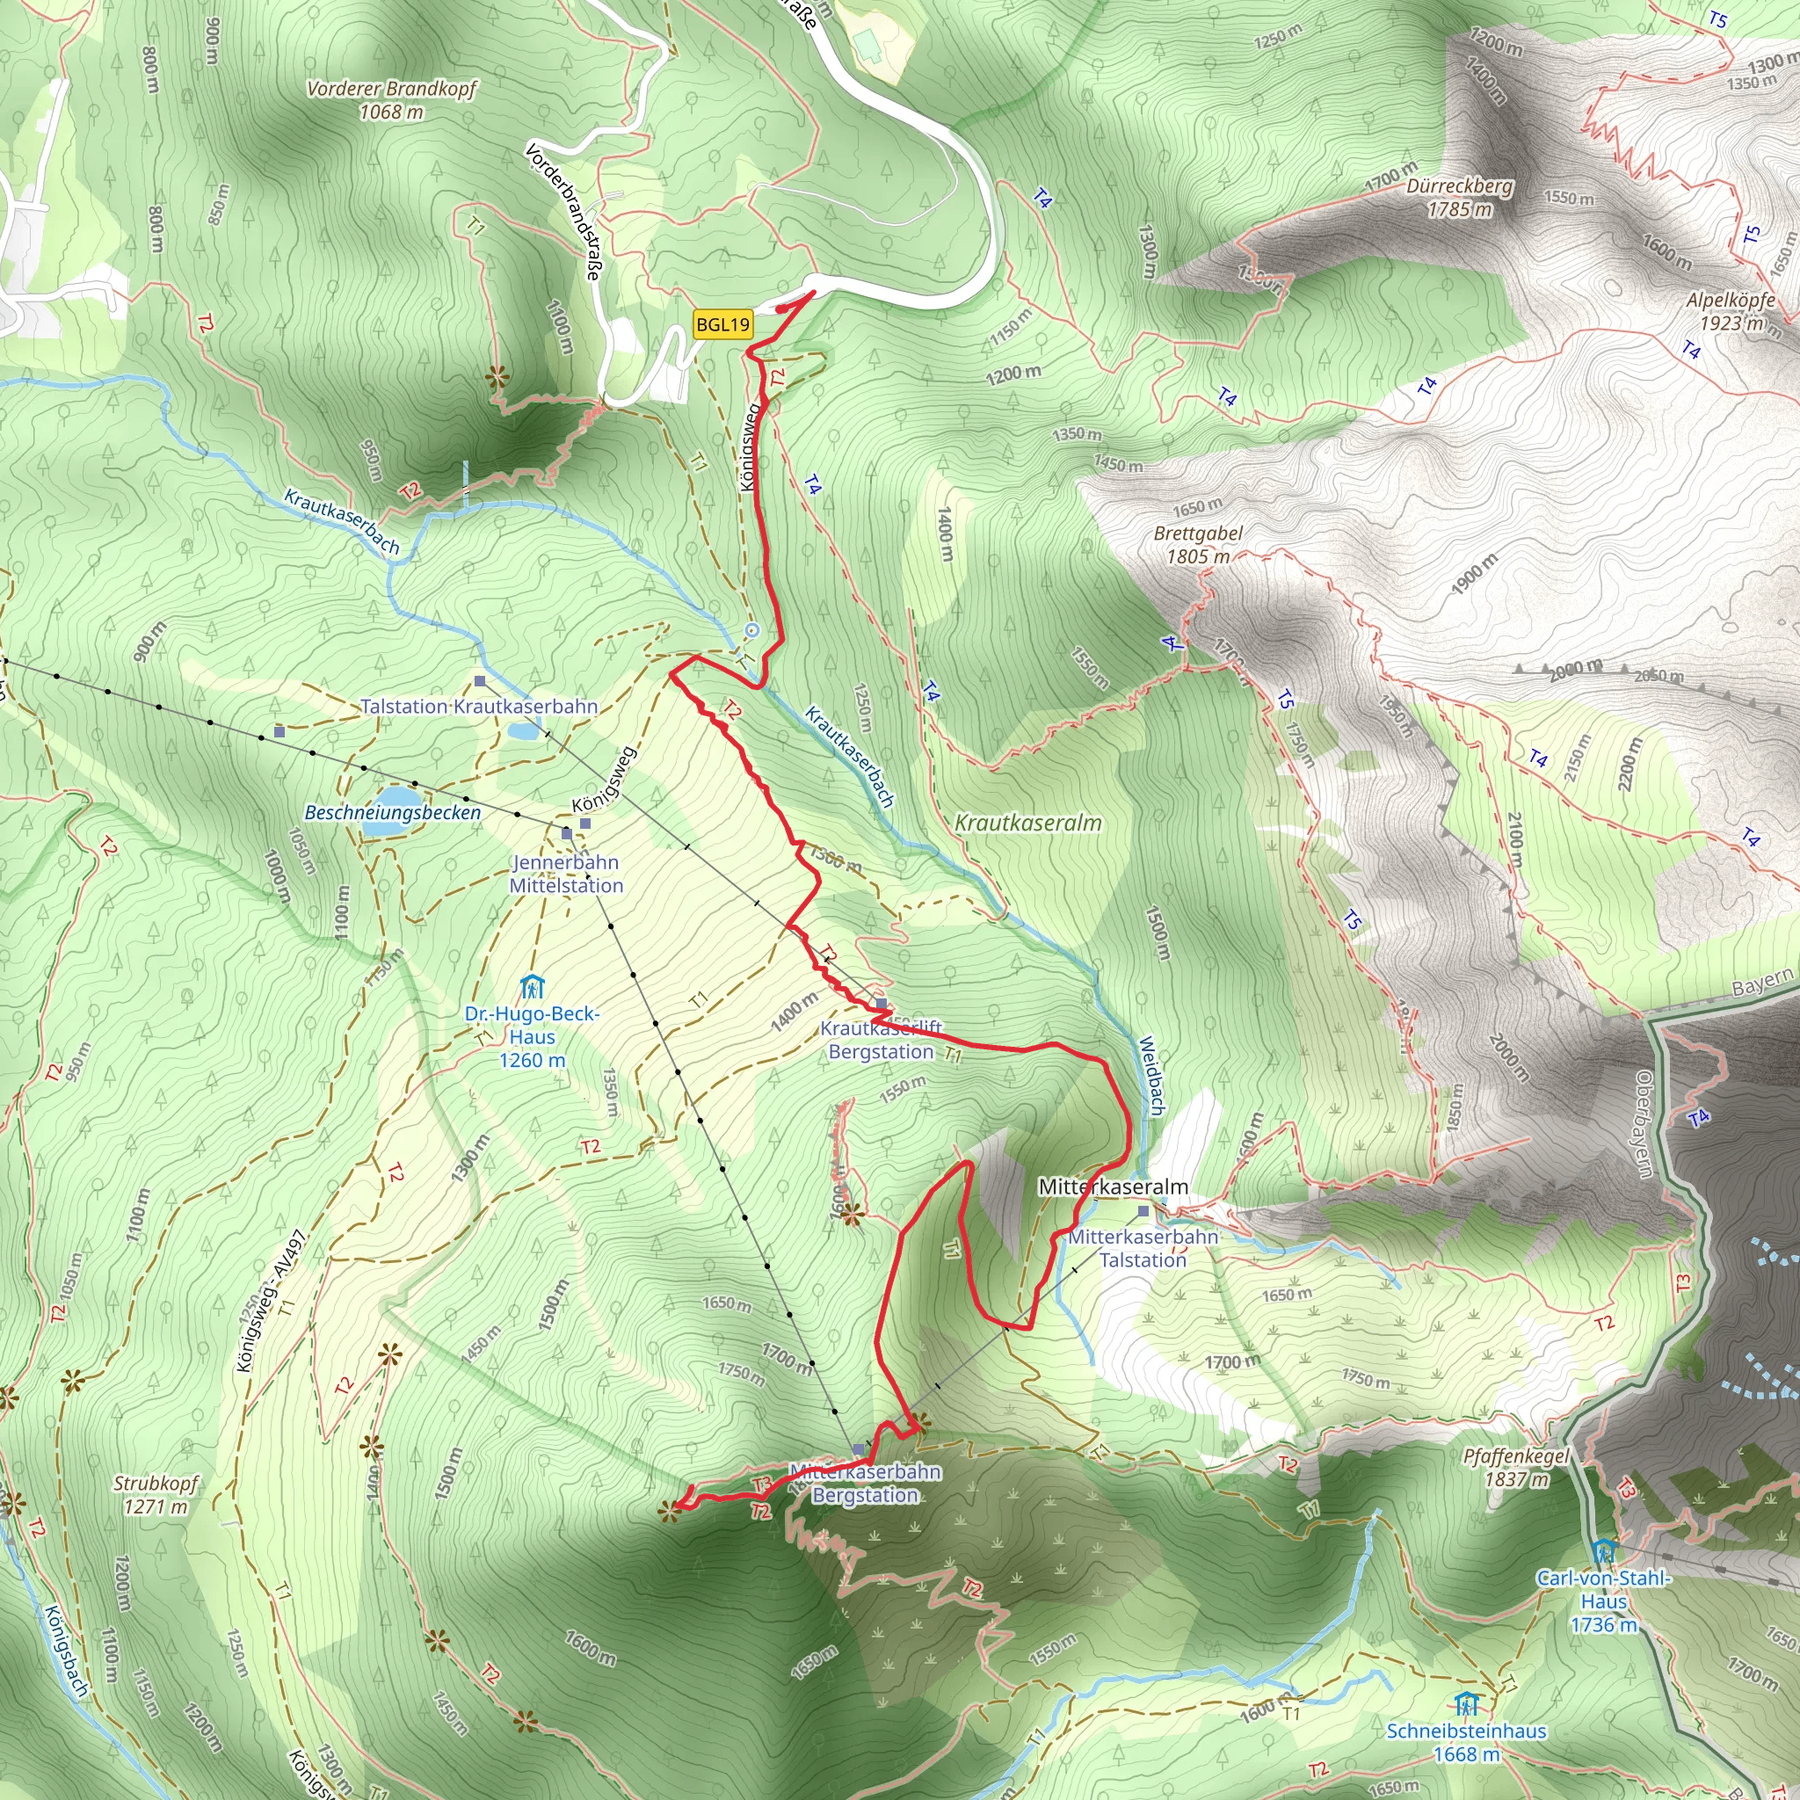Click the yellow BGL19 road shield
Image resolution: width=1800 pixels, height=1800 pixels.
[x=722, y=325]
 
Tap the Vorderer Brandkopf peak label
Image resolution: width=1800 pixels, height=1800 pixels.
[x=391, y=99]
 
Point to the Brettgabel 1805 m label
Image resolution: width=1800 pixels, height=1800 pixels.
[x=1197, y=545]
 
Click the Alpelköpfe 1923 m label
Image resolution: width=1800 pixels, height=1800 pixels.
[x=1731, y=311]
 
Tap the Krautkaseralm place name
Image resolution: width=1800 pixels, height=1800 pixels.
[x=1027, y=823]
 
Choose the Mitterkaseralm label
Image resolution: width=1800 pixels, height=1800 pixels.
[x=1114, y=1187]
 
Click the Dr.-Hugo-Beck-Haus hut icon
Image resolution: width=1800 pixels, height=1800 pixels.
[x=532, y=986]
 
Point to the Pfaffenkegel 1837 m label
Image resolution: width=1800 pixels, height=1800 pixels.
[x=1516, y=1468]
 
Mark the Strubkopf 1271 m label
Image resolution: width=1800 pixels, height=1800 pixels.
[x=156, y=1494]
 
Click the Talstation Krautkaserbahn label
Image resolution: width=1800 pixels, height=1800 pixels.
[x=479, y=707]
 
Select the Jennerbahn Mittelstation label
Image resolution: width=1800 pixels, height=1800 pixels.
[x=565, y=874]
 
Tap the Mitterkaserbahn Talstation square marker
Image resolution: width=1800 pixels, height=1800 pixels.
[x=1144, y=1212]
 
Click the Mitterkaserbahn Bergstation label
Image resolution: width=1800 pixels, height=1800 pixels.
[x=866, y=1484]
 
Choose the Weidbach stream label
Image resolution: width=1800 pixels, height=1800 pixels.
[x=1152, y=1076]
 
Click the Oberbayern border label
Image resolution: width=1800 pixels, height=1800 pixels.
[x=1644, y=1123]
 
